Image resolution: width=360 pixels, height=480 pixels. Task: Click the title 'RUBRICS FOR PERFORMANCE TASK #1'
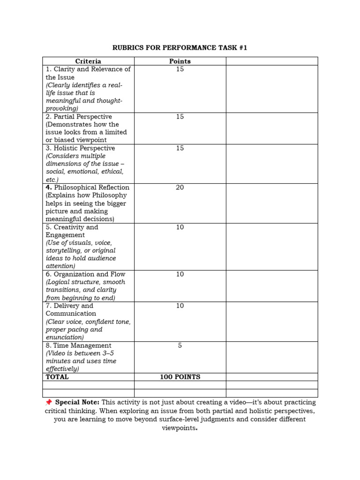[x=180, y=48]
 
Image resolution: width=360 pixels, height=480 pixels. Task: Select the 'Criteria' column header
[x=88, y=61]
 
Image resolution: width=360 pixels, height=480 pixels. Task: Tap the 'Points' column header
[x=180, y=61]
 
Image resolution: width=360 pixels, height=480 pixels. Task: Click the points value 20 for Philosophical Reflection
[x=180, y=187]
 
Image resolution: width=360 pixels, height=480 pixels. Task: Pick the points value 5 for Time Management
[x=180, y=345]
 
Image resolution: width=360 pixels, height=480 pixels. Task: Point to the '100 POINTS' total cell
[x=180, y=377]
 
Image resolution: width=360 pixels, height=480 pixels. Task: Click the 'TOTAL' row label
[x=57, y=377]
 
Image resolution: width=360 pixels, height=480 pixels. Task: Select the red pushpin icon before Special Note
[x=48, y=403]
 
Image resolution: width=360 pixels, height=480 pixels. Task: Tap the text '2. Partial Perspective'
[x=79, y=116]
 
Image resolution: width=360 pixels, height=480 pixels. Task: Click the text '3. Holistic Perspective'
[x=80, y=148]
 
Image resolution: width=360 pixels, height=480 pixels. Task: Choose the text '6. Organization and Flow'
[x=85, y=274]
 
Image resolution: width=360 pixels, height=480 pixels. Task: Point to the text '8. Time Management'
[x=78, y=345]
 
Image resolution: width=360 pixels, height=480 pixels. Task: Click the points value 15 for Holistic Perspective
[x=180, y=148]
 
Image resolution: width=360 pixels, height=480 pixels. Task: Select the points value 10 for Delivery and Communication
[x=180, y=306]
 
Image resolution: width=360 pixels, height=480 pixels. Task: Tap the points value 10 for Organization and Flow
[x=180, y=274]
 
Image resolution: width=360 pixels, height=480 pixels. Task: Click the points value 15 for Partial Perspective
[x=180, y=116]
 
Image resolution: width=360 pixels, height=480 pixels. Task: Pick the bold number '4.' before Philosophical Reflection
[x=49, y=187]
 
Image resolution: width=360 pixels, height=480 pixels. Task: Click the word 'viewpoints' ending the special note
[x=178, y=428]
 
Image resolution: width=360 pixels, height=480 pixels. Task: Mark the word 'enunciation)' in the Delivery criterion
[x=65, y=337]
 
